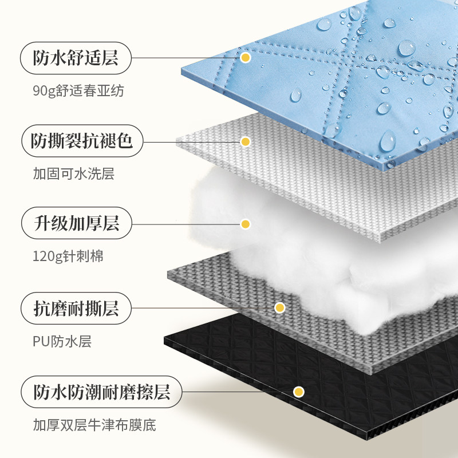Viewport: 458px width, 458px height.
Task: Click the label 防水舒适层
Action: pos(76,58)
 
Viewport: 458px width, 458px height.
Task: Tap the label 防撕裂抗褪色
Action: pos(81,141)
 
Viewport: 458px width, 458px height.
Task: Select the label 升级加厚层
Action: pos(76,223)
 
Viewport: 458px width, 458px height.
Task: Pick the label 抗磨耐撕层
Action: pos(76,309)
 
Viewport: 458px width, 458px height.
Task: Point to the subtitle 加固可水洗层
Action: pos(73,173)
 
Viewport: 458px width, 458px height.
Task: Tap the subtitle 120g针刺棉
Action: pos(68,256)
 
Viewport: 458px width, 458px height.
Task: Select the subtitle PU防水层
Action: pos(62,342)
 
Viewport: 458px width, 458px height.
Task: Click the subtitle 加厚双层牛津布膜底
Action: pos(94,425)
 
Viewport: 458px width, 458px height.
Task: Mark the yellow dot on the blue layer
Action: pos(246,58)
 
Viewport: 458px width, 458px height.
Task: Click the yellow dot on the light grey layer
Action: pos(246,141)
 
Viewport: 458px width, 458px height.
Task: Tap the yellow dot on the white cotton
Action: pos(246,224)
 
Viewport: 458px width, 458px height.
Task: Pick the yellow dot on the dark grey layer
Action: pos(279,308)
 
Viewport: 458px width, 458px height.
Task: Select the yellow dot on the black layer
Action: pos(298,392)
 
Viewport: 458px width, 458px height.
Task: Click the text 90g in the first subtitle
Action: pos(41,90)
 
